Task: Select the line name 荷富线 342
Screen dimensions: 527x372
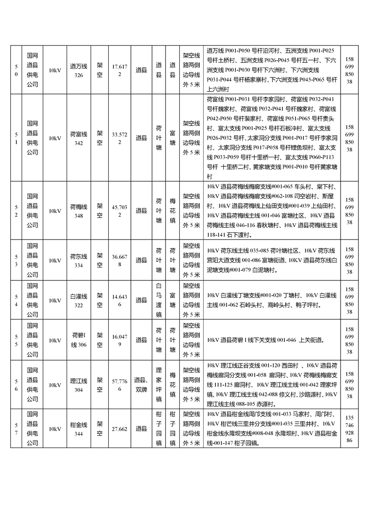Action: point(78,138)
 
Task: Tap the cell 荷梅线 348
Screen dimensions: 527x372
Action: point(78,211)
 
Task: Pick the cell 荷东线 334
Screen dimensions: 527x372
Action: point(78,260)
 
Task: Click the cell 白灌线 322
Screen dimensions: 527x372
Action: point(78,301)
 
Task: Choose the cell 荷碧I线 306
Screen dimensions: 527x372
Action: point(78,340)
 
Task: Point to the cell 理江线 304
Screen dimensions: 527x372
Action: point(78,385)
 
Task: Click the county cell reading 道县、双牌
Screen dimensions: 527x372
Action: point(141,385)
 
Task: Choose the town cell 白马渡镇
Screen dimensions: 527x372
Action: point(159,301)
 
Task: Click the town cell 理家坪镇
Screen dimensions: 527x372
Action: point(159,385)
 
